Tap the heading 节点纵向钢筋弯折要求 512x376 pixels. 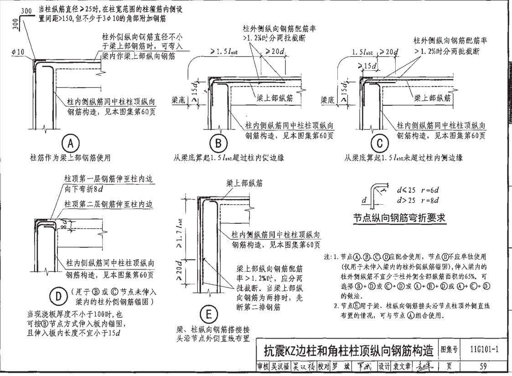point(400,218)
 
